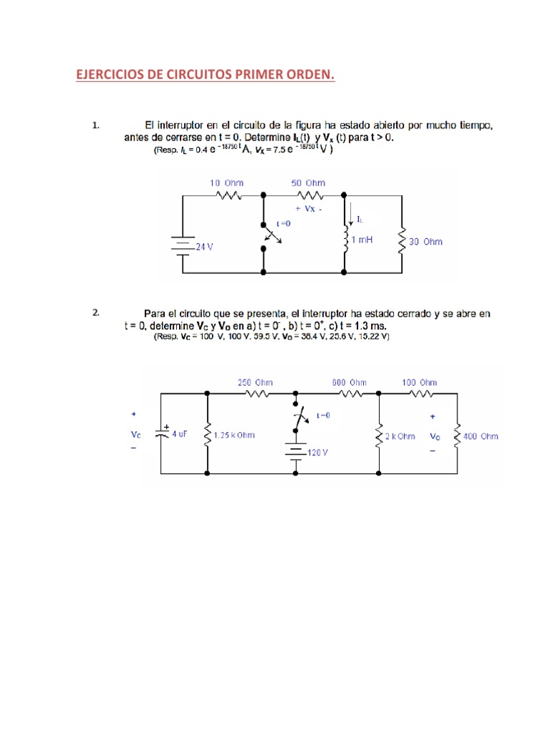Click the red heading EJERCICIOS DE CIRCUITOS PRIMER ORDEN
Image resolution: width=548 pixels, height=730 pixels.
pos(205,75)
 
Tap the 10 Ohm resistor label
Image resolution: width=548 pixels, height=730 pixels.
pos(226,183)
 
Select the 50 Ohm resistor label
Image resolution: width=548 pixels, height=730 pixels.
pos(308,183)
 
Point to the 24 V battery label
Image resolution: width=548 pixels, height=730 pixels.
pos(204,247)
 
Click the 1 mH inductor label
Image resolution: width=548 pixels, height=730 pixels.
pos(362,240)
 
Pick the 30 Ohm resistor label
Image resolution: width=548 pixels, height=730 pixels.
pos(425,242)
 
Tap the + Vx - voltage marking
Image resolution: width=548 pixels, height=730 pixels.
pos(308,210)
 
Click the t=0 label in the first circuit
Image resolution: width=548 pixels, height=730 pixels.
pos(284,223)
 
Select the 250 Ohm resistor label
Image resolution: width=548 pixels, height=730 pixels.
pos(255,383)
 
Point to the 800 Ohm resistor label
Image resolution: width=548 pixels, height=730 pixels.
pos(350,383)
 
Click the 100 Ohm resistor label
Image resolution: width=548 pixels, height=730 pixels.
pos(419,383)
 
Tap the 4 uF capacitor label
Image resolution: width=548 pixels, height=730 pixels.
pos(179,433)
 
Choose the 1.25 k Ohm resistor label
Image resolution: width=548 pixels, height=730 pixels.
pos(235,435)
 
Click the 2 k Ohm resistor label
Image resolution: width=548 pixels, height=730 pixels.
pos(400,436)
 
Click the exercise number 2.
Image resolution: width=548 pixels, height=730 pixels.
pos(96,312)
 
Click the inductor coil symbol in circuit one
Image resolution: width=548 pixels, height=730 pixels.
pos(345,235)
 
